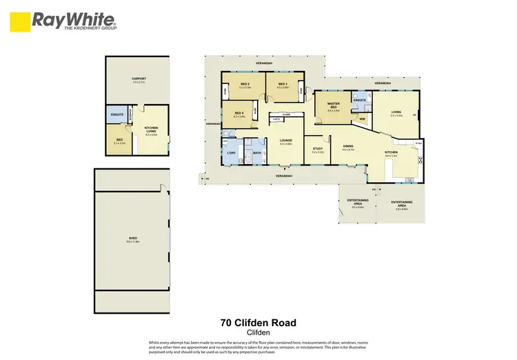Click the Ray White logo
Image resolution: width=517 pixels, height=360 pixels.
pyautogui.click(x=63, y=20)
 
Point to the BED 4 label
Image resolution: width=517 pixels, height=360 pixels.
pyautogui.click(x=239, y=114)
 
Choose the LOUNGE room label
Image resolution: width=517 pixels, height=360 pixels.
pyautogui.click(x=286, y=141)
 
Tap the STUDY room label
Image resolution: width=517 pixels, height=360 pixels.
pyautogui.click(x=318, y=149)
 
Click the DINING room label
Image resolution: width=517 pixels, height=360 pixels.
pyautogui.click(x=349, y=146)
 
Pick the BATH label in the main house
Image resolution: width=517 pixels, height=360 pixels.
pyautogui.click(x=257, y=153)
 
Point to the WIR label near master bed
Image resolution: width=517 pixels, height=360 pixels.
pyautogui.click(x=361, y=119)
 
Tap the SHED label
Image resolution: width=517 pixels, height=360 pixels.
pyautogui.click(x=132, y=239)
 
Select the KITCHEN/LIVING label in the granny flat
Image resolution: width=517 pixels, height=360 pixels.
pyautogui.click(x=151, y=130)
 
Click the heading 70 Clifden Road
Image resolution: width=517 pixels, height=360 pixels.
pyautogui.click(x=258, y=322)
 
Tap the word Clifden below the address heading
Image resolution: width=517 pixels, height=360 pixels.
pyautogui.click(x=258, y=332)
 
